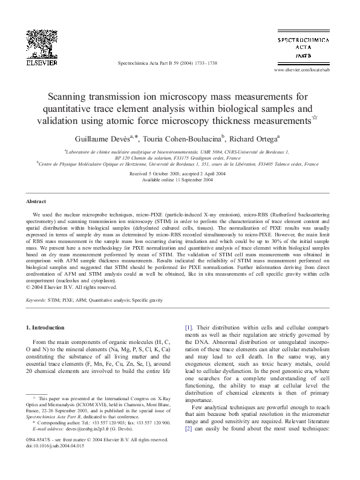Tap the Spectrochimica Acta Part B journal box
click(x=303, y=47)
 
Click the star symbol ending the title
click(x=312, y=117)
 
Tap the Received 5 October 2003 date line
click(x=180, y=174)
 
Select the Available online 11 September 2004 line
click(x=180, y=180)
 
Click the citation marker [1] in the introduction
click(x=188, y=327)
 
